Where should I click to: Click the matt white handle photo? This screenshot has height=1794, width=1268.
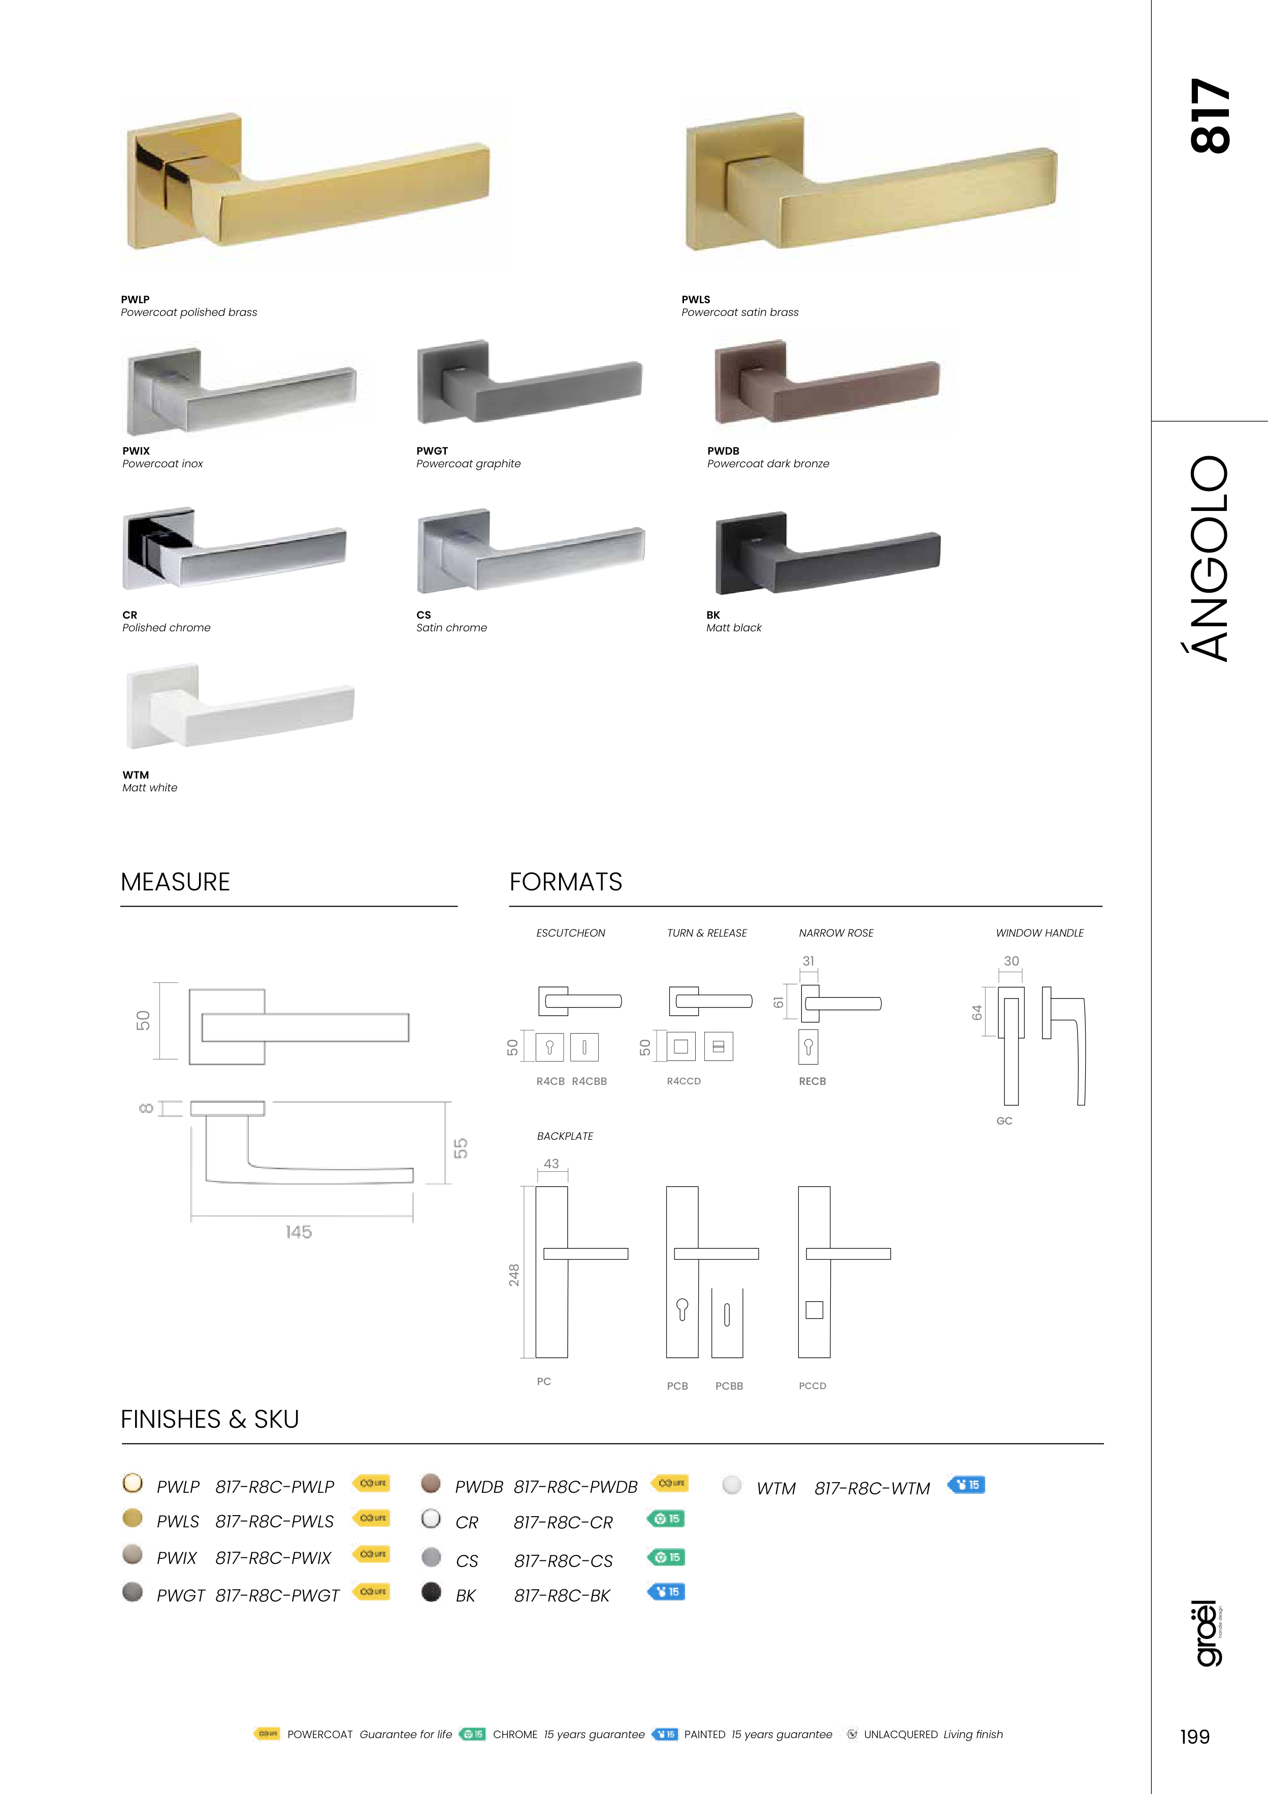[240, 707]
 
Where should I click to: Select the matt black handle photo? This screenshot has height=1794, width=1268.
[828, 553]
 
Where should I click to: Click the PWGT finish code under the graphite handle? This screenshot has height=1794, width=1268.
[432, 451]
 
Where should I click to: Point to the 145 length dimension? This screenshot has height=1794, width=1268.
[299, 1232]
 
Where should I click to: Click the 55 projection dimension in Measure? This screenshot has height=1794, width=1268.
[461, 1148]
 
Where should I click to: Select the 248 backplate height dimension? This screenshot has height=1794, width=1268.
[513, 1274]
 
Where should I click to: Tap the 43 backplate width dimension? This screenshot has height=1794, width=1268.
[551, 1164]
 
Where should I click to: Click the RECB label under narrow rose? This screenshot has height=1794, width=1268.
[812, 1081]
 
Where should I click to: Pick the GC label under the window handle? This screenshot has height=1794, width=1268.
[1005, 1120]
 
